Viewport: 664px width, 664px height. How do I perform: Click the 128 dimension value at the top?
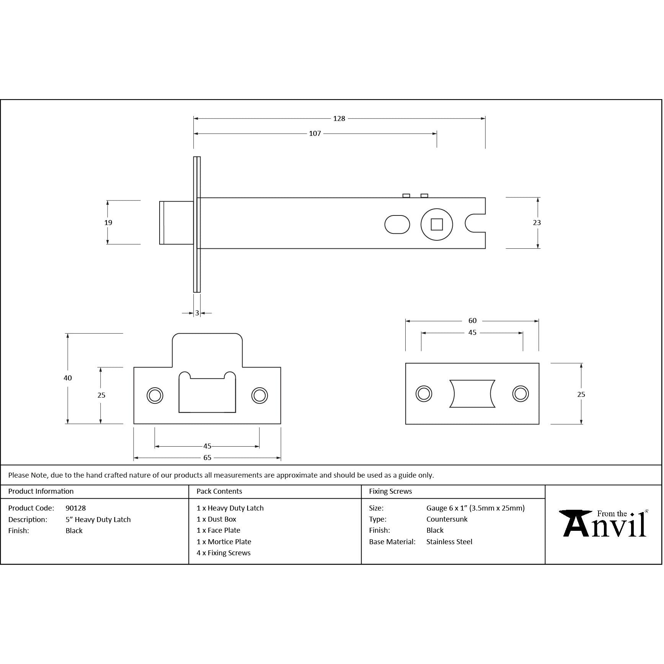tap(339, 119)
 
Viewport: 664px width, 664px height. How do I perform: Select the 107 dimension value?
tap(315, 134)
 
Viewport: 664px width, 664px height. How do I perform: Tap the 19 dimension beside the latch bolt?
tap(108, 223)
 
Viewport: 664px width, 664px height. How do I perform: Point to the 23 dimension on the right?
tap(537, 223)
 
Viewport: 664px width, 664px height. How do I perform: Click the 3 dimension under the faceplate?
tap(197, 313)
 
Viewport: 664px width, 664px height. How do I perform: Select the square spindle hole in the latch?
tap(436, 224)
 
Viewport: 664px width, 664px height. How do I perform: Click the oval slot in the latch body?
tap(397, 224)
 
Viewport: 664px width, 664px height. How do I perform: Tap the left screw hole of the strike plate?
tap(155, 395)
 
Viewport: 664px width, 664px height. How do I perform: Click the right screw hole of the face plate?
tap(520, 393)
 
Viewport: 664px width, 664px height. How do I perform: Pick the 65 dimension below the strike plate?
tap(207, 458)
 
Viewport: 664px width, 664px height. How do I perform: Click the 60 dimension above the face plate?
tap(472, 321)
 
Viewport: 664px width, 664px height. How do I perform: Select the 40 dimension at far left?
tap(68, 378)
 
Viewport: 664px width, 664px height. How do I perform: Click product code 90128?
tap(76, 508)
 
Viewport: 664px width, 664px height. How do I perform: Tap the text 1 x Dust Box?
tap(216, 519)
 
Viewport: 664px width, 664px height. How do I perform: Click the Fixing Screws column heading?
tap(390, 491)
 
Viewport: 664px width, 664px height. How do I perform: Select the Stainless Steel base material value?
tap(449, 542)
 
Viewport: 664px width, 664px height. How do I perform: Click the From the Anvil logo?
tap(604, 524)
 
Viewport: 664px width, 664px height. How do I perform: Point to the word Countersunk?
tap(447, 519)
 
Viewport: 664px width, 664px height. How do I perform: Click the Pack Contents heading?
tap(219, 491)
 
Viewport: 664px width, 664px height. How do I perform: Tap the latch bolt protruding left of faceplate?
tap(176, 223)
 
